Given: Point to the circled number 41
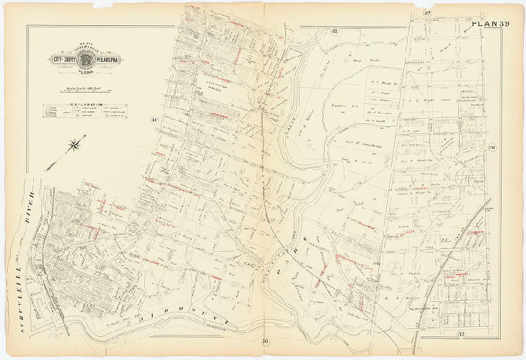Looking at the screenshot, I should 334,30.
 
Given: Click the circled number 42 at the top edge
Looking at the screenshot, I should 426,14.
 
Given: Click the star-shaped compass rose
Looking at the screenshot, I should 74,146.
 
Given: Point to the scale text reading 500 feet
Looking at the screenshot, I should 78,89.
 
